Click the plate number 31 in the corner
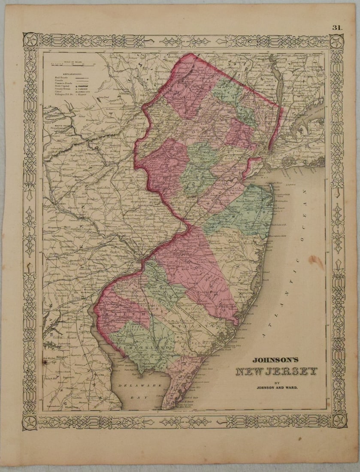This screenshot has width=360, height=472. [x=336, y=27]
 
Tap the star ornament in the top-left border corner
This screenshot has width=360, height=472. [x=31, y=41]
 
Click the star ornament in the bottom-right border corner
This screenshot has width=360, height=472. [x=338, y=421]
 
